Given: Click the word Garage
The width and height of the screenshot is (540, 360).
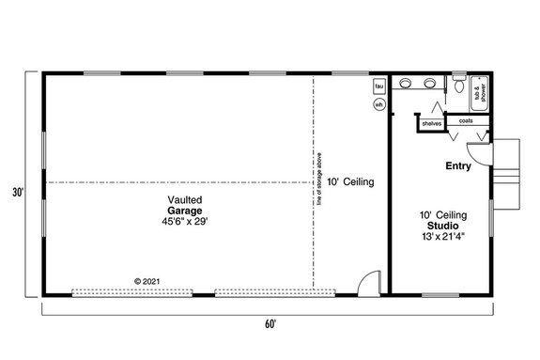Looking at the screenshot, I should click(183, 211).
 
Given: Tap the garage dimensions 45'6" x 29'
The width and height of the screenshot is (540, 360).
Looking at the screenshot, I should click(183, 223).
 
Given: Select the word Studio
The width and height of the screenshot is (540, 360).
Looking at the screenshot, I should click(438, 226).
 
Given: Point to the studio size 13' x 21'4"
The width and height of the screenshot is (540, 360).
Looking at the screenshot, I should click(438, 237).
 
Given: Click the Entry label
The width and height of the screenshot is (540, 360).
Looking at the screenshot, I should click(458, 166).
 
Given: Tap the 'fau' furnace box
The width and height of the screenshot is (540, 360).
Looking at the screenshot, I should click(379, 86).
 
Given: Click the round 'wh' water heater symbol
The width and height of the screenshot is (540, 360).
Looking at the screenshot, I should click(379, 104).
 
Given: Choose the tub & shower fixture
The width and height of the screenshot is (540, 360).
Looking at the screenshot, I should click(478, 90).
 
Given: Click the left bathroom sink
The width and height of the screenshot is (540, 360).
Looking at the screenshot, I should click(405, 85).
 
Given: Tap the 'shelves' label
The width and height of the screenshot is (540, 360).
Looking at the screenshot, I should click(431, 124).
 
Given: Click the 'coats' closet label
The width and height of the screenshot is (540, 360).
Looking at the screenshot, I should click(466, 120).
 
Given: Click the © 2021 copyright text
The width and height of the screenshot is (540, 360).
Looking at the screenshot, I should click(148, 281).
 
